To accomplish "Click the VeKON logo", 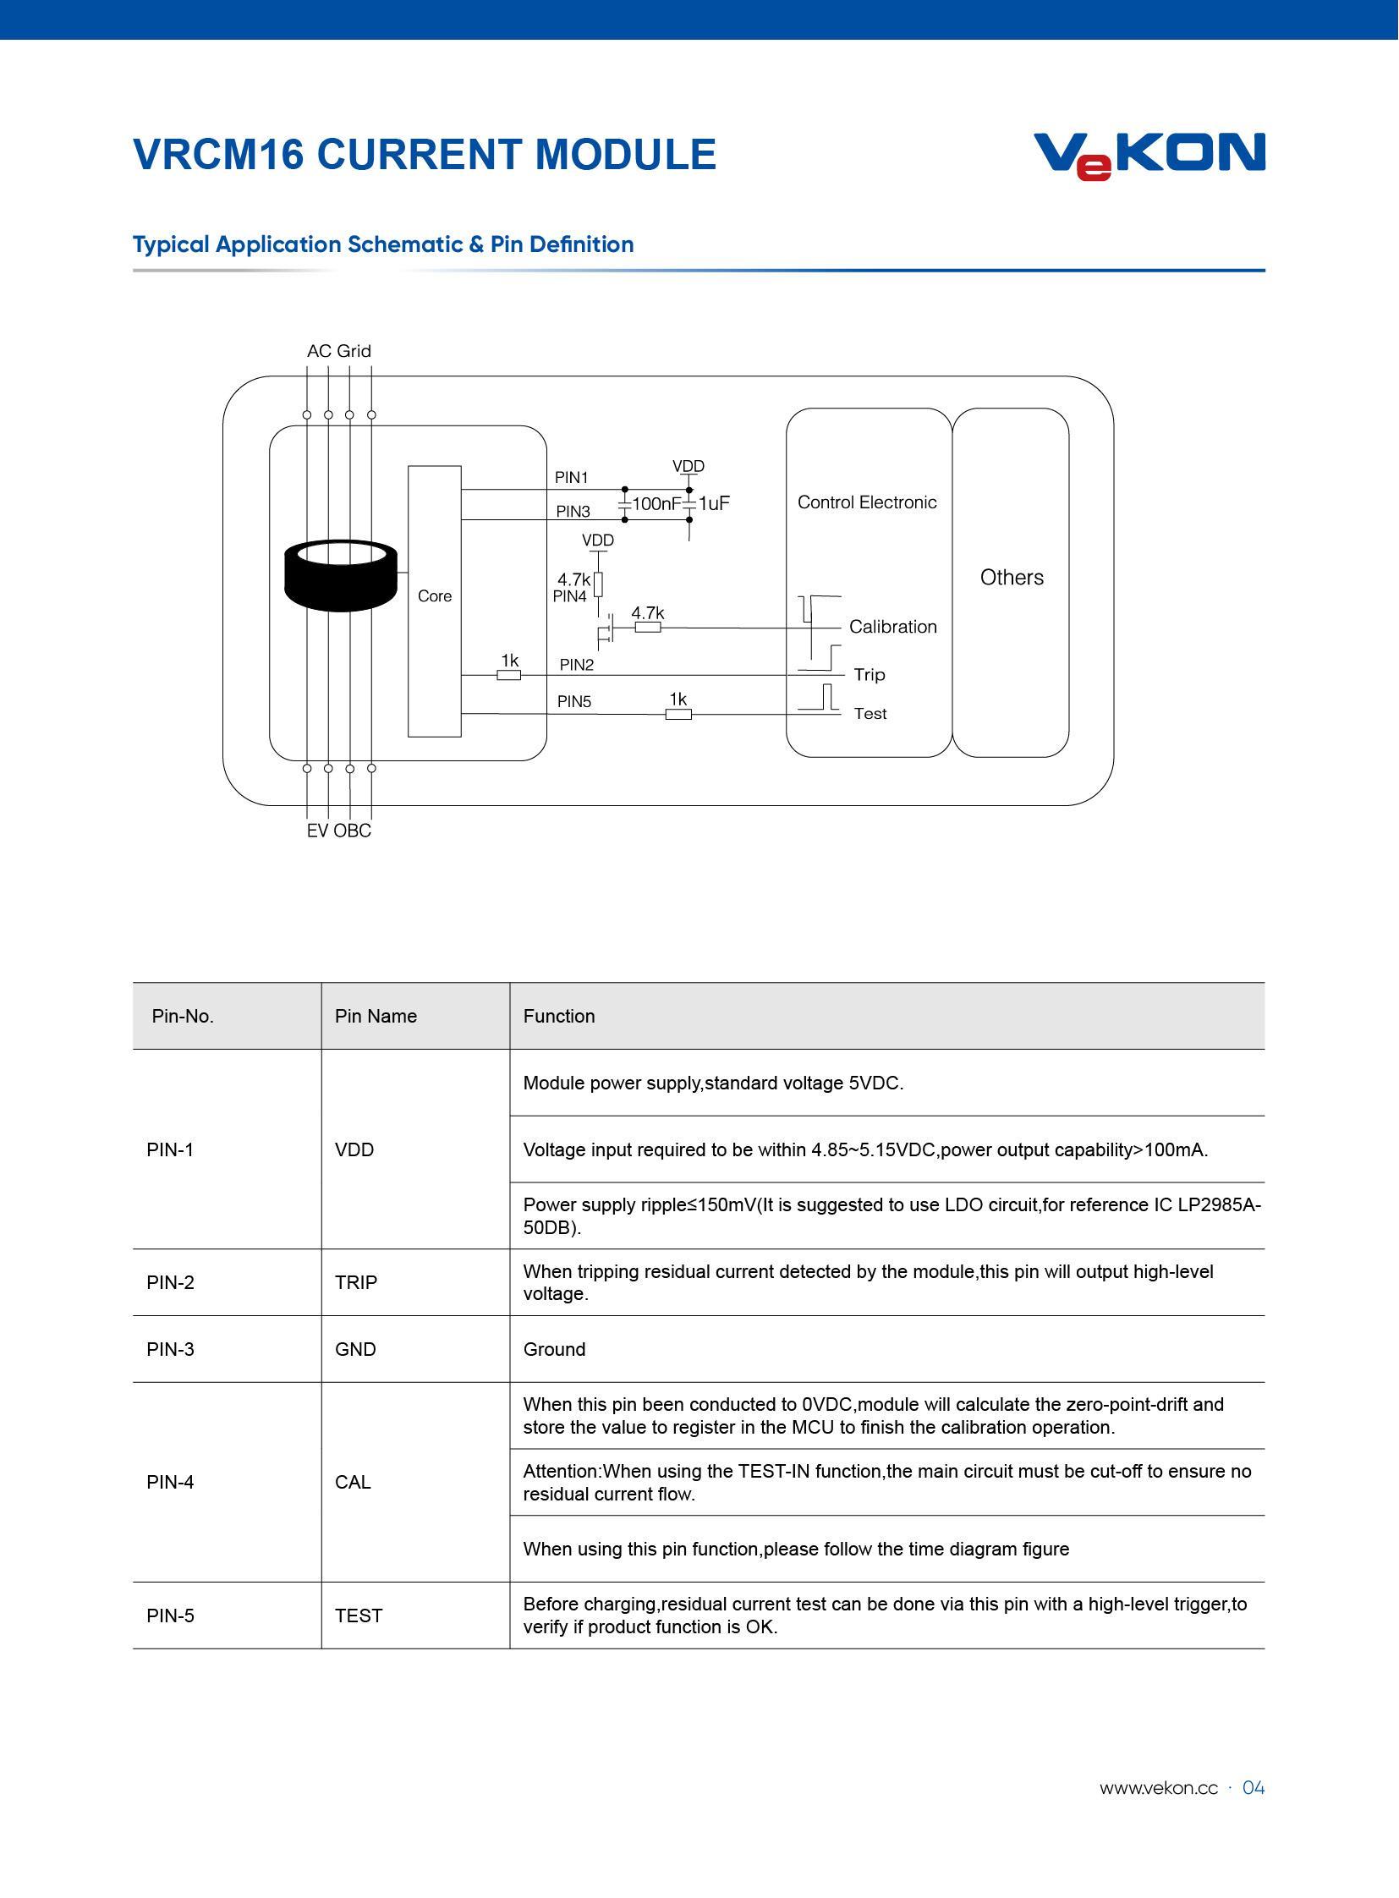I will coord(1149,155).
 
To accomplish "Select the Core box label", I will coord(435,596).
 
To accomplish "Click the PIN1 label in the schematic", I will coord(571,478).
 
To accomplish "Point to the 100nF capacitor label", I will coord(656,504).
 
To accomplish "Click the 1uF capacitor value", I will coord(714,504).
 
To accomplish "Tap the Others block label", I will coord(1011,578).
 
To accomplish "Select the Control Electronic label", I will coord(867,502).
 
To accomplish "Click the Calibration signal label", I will coord(892,627).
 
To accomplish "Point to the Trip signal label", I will coord(869,674).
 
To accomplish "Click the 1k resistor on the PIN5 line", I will coord(678,714).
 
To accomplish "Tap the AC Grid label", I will coord(338,351).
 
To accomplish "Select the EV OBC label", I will coord(338,831).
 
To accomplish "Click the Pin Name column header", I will coord(376,1017).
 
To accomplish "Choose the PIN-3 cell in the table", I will coord(170,1349).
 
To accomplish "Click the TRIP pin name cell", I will coord(356,1282).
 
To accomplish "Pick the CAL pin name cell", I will coord(353,1482).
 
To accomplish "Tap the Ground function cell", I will coord(554,1349).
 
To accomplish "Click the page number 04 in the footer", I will coord(1254,1788).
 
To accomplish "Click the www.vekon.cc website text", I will coord(1158,1788).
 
